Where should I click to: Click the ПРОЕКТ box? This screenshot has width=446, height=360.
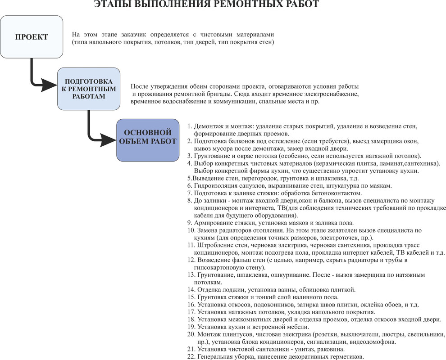32,37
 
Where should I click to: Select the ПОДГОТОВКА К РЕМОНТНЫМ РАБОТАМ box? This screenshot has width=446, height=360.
89,89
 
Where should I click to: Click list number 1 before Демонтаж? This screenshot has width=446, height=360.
190,126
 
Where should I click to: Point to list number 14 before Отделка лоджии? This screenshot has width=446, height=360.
191,290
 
